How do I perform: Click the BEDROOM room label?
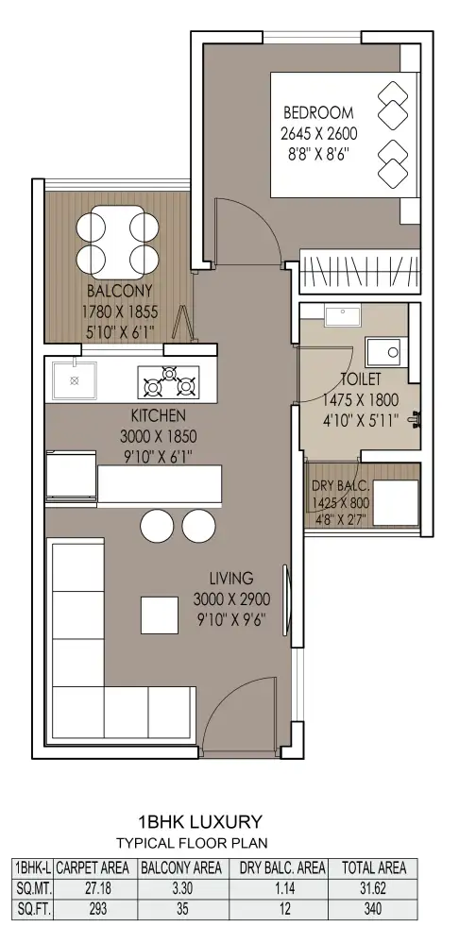pyautogui.click(x=318, y=113)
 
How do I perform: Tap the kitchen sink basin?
pyautogui.click(x=74, y=380)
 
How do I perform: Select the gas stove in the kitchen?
pyautogui.click(x=168, y=382)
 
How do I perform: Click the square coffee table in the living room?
pyautogui.click(x=160, y=615)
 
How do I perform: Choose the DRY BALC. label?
pyautogui.click(x=340, y=486)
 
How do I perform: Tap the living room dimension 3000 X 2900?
pyautogui.click(x=231, y=599)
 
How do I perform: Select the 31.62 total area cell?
pyautogui.click(x=373, y=888)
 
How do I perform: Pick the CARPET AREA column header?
pyautogui.click(x=93, y=867)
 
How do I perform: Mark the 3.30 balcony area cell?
pyautogui.click(x=182, y=888)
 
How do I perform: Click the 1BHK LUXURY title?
pyautogui.click(x=200, y=821)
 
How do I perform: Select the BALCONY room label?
pyautogui.click(x=120, y=292)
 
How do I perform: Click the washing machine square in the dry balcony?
pyautogui.click(x=395, y=503)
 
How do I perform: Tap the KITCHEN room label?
pyautogui.click(x=159, y=415)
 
